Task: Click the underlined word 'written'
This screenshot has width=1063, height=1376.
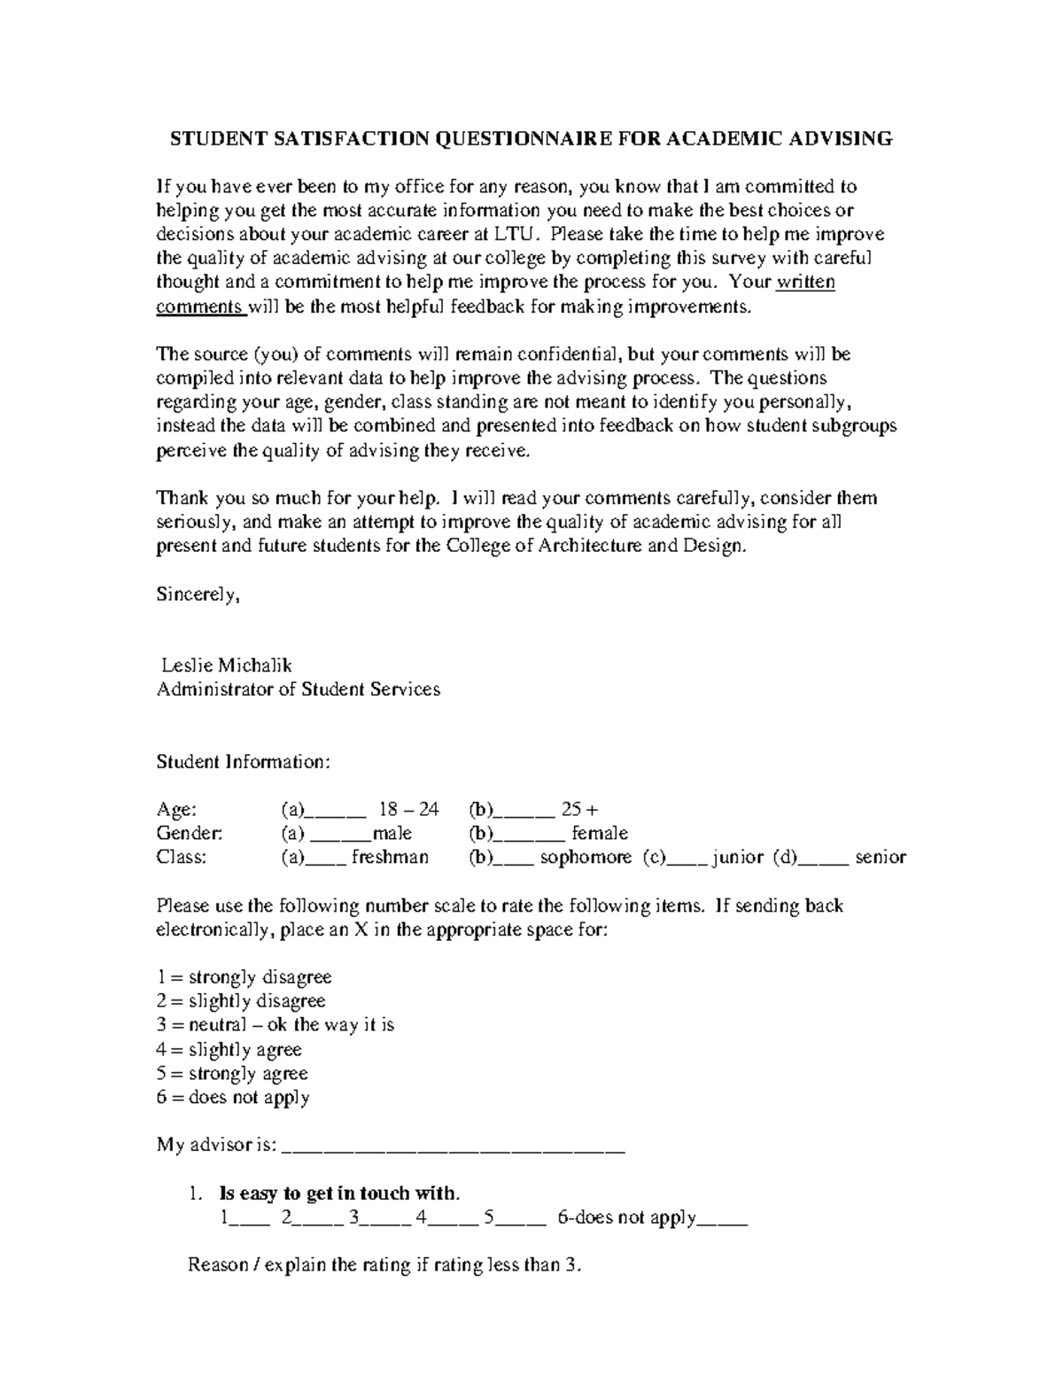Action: [x=805, y=283]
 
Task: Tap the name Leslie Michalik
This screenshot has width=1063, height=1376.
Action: [x=227, y=665]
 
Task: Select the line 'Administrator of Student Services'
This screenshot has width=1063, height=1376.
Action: [x=298, y=689]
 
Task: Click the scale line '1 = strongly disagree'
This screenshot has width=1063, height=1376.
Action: [x=244, y=977]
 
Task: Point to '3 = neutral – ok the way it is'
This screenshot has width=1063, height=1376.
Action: [x=275, y=1025]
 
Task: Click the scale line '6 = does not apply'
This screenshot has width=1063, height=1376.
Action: [x=233, y=1098]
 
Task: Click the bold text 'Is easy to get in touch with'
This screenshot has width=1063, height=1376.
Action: [x=339, y=1193]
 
